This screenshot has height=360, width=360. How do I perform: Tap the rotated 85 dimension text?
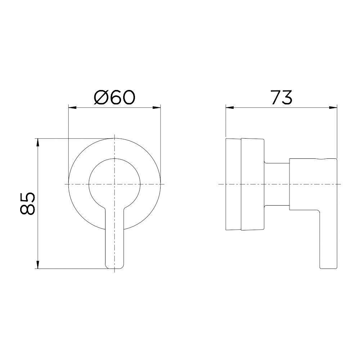click(28, 203)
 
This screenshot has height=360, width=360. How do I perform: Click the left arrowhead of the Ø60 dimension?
click(71, 107)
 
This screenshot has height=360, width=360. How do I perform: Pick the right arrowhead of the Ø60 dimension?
click(158, 107)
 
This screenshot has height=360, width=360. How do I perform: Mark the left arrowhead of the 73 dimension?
click(228, 107)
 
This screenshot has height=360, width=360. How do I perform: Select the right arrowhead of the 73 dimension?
click(334, 107)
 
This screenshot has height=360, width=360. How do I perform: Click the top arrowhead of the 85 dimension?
click(38, 141)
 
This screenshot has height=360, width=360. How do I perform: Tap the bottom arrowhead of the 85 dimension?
click(38, 266)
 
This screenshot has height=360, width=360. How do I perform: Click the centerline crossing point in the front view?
click(114, 184)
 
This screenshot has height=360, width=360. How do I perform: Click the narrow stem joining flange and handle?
click(277, 184)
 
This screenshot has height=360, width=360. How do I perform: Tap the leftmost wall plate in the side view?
click(233, 184)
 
